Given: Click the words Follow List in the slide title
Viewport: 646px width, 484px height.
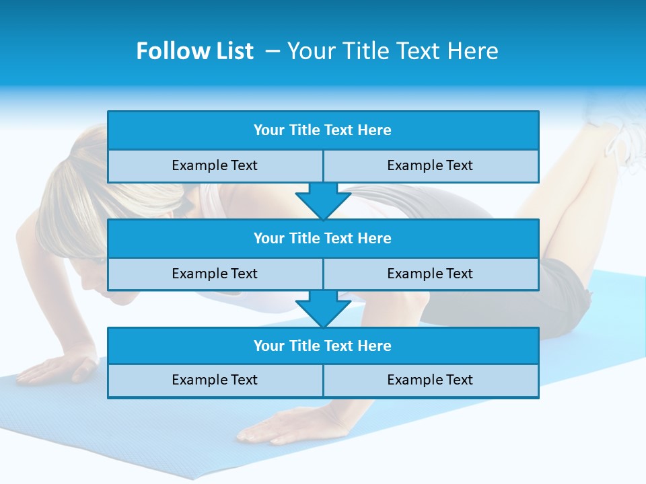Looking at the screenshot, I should pos(194,51).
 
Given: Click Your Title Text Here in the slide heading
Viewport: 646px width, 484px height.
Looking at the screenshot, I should pos(392,51).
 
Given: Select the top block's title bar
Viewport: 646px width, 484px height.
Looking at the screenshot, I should pos(323,130).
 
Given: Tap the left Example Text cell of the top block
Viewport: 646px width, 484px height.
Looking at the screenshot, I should pos(215,165).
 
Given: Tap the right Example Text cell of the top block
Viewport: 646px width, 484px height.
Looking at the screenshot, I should pos(431,165).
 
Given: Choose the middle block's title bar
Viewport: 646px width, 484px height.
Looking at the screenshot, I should pos(323,238).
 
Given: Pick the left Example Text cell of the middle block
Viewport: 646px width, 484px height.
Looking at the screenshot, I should pos(215,274).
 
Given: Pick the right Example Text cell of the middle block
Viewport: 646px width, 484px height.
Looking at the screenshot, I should pos(431,274).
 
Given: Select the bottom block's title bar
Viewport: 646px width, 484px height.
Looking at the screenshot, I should pos(323,346).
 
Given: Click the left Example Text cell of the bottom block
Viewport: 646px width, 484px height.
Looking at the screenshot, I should pos(215,380).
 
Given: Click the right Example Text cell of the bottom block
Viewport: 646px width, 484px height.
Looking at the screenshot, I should pos(431,380).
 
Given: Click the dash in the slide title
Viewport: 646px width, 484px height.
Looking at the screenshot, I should pos(272,51).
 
